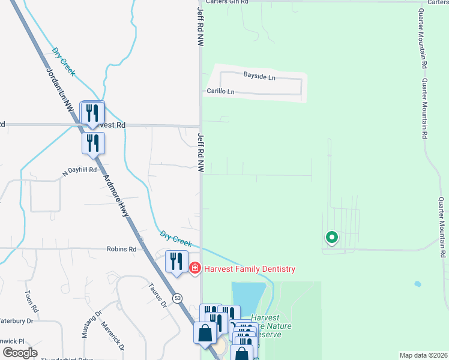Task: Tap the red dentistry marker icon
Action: pyautogui.click(x=194, y=269)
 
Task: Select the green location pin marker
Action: pyautogui.click(x=331, y=238)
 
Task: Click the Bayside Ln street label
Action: pyautogui.click(x=259, y=76)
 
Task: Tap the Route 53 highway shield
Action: pyautogui.click(x=178, y=298)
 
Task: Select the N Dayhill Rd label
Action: pyautogui.click(x=80, y=170)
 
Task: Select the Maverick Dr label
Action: pyautogui.click(x=115, y=338)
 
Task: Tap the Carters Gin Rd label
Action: pyautogui.click(x=227, y=2)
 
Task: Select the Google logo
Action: pyautogui.click(x=20, y=353)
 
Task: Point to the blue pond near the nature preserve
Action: pyautogui.click(x=247, y=295)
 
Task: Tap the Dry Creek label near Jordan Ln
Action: pyautogui.click(x=63, y=61)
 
